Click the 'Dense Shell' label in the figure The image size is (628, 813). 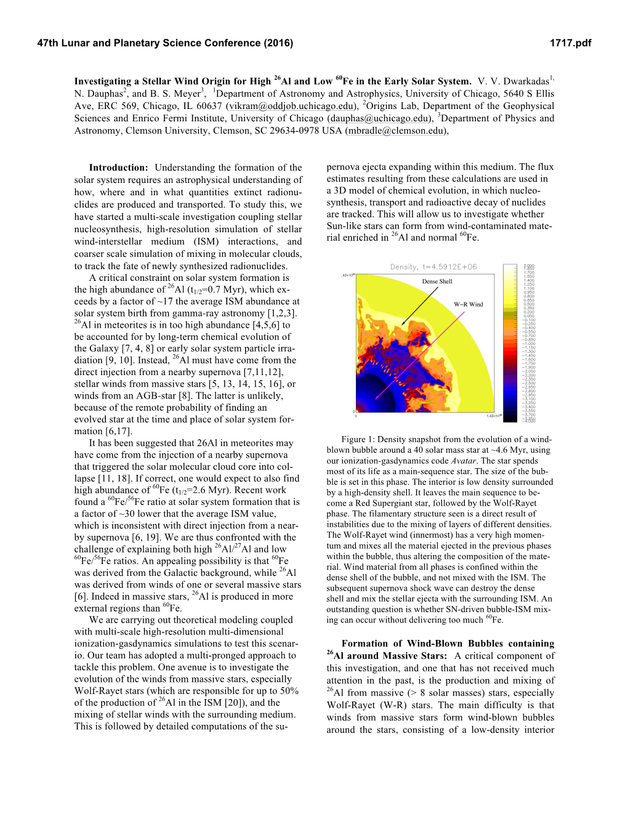click(437, 281)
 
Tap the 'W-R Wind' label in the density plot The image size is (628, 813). click(469, 304)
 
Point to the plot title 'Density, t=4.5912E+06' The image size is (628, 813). click(433, 267)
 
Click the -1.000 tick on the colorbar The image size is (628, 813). click(529, 344)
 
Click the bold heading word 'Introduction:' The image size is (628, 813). click(118, 168)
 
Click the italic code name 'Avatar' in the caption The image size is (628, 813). click(463, 461)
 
